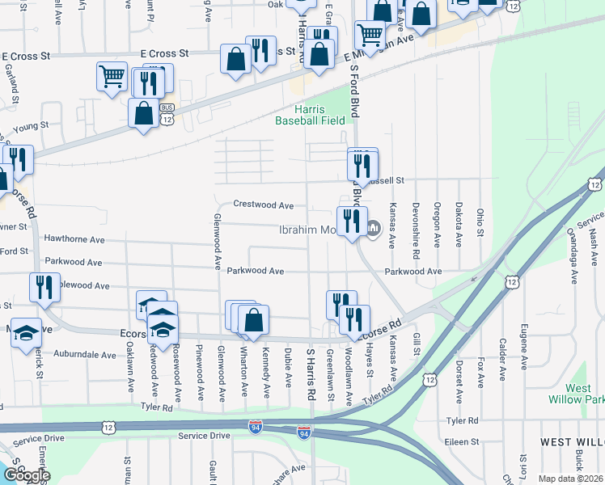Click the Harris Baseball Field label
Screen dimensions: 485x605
click(310, 115)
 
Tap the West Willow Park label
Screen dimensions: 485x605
click(585, 394)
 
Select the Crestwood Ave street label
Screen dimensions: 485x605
click(263, 205)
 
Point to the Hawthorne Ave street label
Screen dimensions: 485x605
click(74, 240)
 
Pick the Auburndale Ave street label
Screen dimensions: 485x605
click(85, 354)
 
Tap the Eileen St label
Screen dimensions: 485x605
click(463, 442)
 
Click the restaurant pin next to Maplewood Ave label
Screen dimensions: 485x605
click(44, 287)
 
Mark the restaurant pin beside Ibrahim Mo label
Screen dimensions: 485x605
click(351, 221)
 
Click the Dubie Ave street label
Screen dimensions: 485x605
click(288, 367)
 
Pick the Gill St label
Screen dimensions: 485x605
click(417, 343)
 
